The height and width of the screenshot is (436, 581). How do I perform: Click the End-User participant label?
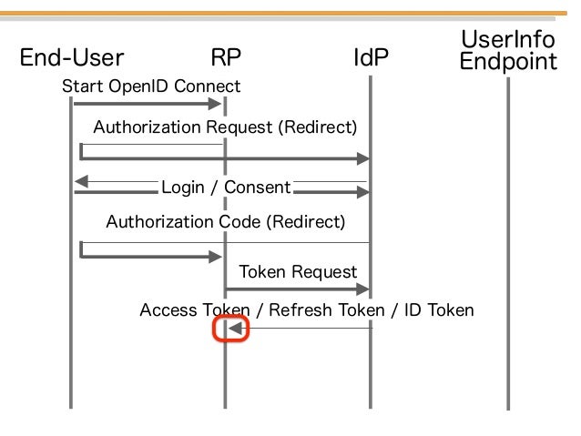pos(72,57)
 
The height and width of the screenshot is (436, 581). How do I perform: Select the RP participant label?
pos(226,57)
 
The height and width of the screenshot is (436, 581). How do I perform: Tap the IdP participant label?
pos(371,57)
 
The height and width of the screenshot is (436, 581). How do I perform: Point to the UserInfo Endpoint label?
pos(508,50)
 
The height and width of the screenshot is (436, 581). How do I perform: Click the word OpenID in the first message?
pos(139,86)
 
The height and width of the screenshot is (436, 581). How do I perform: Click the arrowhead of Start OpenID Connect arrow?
pos(215,104)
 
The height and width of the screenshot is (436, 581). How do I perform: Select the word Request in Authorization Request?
pos(240,127)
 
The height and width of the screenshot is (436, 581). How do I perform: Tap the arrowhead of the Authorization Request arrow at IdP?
pos(363,158)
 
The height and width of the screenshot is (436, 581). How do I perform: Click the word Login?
pos(183,188)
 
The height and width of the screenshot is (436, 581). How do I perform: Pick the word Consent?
pos(257,188)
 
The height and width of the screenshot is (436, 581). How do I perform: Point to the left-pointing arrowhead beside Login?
pos(81,181)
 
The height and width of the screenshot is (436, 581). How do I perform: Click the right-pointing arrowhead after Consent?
pos(363,192)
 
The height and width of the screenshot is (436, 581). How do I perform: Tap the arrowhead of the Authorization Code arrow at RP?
pos(215,257)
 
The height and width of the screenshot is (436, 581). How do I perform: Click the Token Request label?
pos(299,272)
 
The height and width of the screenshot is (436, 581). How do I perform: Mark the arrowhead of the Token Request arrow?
pos(363,289)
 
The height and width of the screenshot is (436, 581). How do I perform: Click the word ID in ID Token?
pos(413,310)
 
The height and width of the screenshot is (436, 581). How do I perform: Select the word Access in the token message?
pos(168,310)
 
